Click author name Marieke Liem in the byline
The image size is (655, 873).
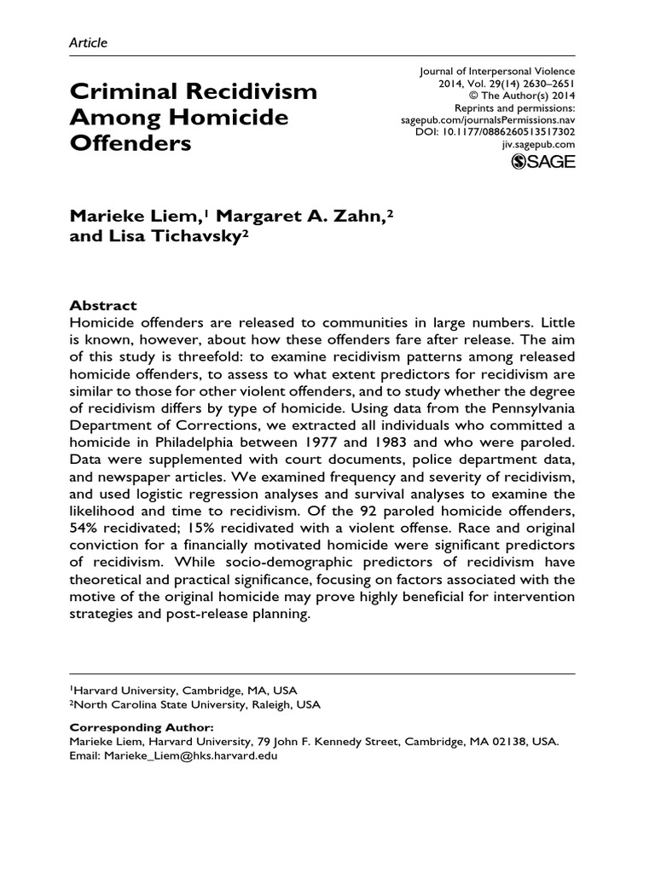[x=133, y=195]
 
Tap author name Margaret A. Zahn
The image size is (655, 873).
[x=303, y=195]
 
